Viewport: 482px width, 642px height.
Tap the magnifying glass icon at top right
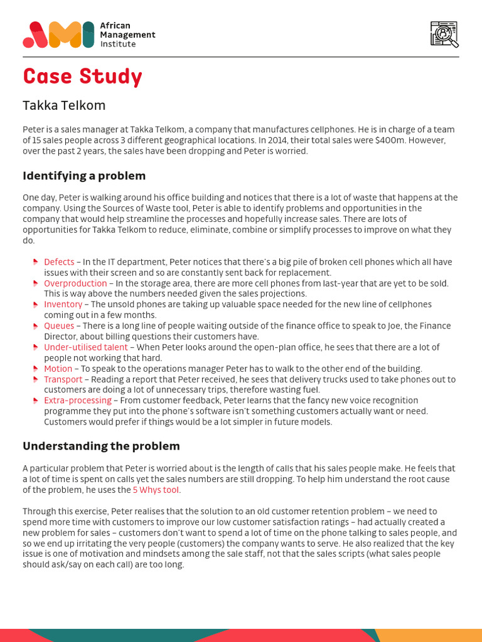tap(444, 34)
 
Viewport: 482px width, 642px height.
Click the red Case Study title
tap(82, 76)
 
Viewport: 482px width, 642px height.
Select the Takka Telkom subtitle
tap(64, 105)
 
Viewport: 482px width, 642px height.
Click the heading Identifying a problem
tap(84, 176)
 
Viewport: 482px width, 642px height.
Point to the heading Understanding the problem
tap(101, 446)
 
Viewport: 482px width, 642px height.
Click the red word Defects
tap(59, 262)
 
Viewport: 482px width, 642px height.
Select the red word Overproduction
tap(75, 283)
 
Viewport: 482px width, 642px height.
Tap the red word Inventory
tap(63, 305)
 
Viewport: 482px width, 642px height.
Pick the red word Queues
tap(59, 326)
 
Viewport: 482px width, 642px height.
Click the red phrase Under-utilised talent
tap(85, 347)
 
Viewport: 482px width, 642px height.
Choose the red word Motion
tap(58, 369)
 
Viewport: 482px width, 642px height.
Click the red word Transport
tap(63, 379)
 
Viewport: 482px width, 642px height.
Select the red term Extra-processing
tap(78, 401)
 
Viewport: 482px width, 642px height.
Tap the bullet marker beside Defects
tap(36, 262)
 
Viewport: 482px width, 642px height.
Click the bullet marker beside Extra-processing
tap(36, 401)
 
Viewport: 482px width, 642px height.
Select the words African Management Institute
tap(127, 34)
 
